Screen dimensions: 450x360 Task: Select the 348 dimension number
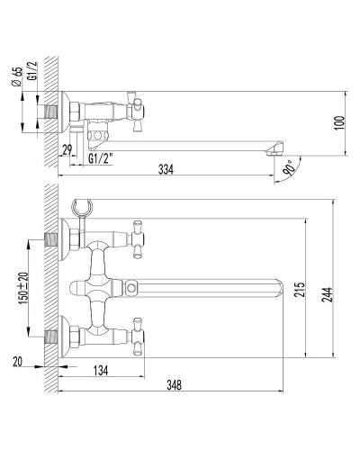coord(175,386)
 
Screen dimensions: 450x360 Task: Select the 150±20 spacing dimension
coord(30,290)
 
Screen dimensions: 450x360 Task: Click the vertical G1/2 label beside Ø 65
coord(31,72)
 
